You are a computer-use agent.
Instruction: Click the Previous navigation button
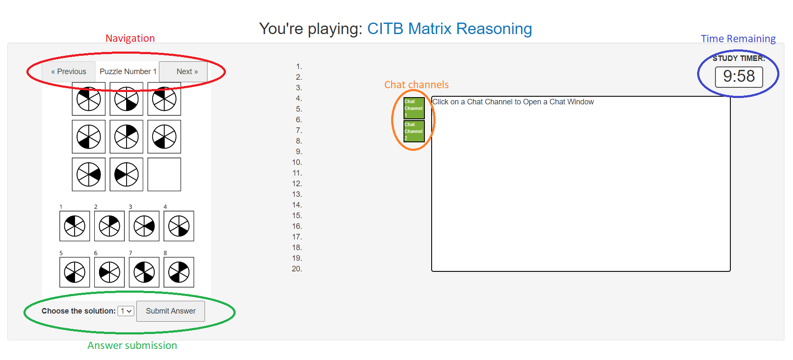coord(69,72)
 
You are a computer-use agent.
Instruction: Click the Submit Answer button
coord(170,311)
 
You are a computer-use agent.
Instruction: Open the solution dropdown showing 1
coord(126,311)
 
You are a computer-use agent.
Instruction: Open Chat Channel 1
coord(414,108)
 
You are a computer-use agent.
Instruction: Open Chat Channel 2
coord(414,131)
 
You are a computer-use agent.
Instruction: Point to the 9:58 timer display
coord(739,77)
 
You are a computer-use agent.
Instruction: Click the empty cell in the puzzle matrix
coord(164,174)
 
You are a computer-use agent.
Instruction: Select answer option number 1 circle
coord(75,226)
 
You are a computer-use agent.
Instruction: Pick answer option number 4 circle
coord(179,226)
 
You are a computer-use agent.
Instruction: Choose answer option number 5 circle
coord(75,272)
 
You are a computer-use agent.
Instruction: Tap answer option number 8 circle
coord(179,272)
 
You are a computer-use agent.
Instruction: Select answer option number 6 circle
coord(110,272)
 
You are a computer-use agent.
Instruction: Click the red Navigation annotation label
coord(130,38)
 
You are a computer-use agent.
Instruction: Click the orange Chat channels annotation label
coord(416,85)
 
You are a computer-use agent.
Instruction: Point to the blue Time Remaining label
coord(738,39)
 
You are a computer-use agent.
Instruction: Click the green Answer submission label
coord(132,346)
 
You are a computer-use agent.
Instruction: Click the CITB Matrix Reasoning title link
coord(450,29)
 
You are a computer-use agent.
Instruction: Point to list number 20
coord(297,269)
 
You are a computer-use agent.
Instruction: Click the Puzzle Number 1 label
coord(128,72)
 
